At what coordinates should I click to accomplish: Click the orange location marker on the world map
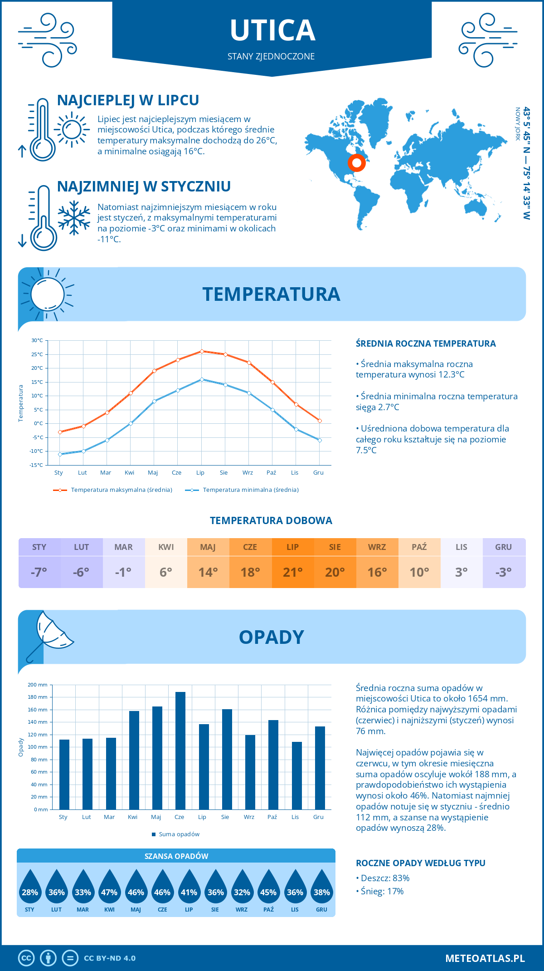tap(357, 163)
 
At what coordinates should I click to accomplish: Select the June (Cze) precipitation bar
tap(180, 750)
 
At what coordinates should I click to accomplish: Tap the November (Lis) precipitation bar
tap(297, 775)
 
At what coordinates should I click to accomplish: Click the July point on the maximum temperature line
tap(202, 351)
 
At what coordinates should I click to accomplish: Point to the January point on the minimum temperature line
tap(60, 454)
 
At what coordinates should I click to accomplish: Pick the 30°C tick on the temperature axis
tap(37, 340)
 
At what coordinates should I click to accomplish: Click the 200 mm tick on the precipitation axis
tap(38, 685)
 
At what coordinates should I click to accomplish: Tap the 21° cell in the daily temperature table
tap(292, 572)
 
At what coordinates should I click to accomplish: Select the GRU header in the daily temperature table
tap(503, 547)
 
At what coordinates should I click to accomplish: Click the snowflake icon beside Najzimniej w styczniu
tap(74, 218)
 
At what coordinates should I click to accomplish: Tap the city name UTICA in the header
tap(272, 31)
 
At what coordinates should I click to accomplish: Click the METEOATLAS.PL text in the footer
tap(485, 958)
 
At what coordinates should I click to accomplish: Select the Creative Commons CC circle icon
tap(26, 958)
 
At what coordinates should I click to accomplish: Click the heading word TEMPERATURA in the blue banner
tap(271, 294)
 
